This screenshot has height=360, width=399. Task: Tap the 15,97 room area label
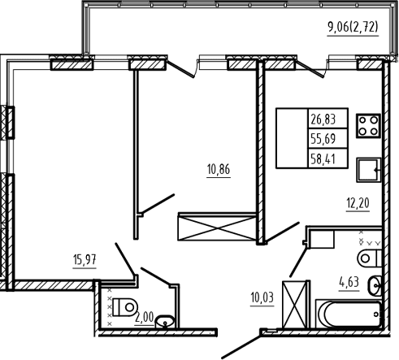[85, 260]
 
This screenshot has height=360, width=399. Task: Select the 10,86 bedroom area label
[219, 169]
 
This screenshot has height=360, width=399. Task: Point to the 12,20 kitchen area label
[358, 203]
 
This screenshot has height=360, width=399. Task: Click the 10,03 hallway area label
[262, 297]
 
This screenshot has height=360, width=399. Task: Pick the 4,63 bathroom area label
[349, 282]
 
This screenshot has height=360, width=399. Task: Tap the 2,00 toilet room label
[145, 317]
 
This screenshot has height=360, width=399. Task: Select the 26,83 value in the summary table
[323, 119]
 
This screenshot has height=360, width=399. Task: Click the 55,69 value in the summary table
[323, 139]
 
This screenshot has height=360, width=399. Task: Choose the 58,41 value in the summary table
[323, 159]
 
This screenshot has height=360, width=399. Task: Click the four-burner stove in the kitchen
[368, 126]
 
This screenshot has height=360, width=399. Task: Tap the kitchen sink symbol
[369, 170]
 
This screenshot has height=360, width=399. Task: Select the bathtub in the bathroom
[349, 314]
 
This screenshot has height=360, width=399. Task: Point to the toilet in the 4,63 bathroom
[370, 258]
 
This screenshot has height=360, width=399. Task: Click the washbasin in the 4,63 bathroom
[375, 285]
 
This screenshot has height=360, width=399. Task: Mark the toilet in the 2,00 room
[125, 307]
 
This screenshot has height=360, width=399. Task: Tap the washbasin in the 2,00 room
[165, 322]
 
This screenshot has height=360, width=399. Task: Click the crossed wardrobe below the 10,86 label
[217, 227]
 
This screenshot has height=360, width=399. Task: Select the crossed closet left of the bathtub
[295, 305]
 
